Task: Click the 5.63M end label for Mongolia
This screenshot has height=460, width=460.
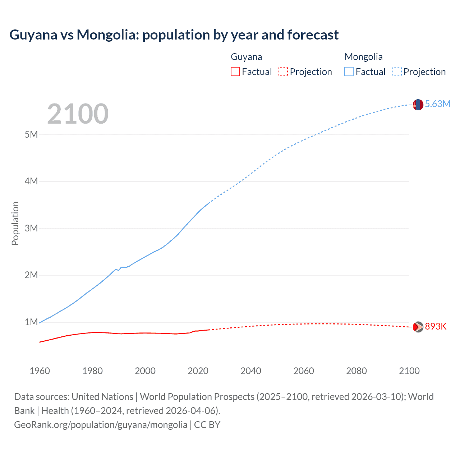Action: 437,104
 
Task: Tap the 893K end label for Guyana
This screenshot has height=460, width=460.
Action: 436,326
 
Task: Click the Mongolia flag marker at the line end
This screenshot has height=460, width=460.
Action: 418,105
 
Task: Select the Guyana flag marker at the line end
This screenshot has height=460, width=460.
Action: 418,327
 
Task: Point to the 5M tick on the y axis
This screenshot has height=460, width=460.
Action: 31,134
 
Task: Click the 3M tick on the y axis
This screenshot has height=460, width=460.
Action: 31,228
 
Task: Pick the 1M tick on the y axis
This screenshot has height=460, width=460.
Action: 31,322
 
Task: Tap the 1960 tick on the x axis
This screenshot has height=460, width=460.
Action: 40,371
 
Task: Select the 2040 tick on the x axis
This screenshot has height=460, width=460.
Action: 251,371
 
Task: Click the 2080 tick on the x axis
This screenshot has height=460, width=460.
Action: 356,371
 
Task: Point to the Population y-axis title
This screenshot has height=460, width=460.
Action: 15,223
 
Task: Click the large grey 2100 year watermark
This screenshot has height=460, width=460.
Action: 78,114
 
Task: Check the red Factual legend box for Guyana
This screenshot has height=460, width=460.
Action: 235,72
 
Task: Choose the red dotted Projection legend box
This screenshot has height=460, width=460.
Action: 283,72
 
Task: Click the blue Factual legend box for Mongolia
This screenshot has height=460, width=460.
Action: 349,72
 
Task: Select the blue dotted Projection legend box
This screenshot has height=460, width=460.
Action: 397,72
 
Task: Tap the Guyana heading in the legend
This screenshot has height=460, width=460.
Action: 246,57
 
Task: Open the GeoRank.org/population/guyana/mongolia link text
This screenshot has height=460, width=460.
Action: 101,425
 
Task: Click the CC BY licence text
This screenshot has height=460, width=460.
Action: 207,425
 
